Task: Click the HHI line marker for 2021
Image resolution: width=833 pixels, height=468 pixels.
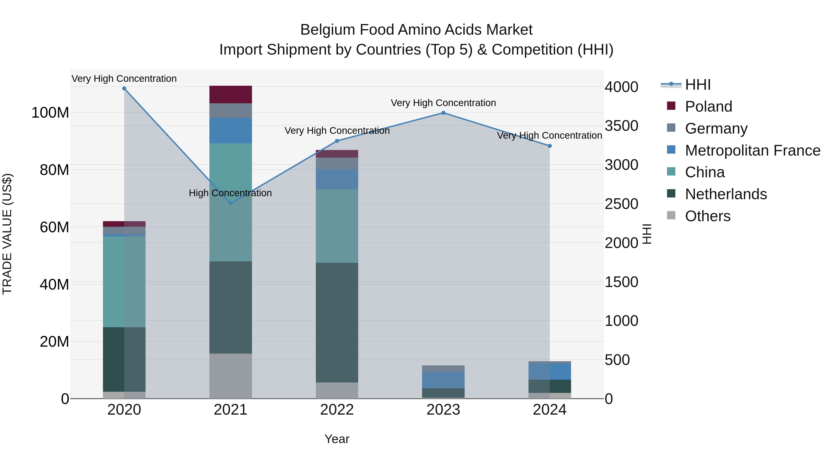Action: pos(230,203)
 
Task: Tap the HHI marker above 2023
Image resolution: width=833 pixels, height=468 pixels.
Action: pos(443,113)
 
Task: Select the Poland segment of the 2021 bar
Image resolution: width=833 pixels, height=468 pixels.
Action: pos(230,95)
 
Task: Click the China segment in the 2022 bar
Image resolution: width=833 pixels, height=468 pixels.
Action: pos(337,226)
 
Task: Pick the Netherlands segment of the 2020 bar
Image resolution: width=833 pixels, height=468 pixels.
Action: pos(124,359)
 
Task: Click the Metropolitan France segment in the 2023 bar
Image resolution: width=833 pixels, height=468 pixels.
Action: pos(443,380)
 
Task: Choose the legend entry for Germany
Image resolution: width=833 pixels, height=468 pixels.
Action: pos(716,128)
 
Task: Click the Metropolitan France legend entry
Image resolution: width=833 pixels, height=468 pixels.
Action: pos(752,150)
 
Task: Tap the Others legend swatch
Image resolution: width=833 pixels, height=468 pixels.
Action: pos(671,215)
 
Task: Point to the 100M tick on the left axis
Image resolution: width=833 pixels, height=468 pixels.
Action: pos(50,113)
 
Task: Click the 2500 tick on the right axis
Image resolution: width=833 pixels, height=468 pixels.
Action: pos(621,204)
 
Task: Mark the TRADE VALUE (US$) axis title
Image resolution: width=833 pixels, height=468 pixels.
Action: pos(7,234)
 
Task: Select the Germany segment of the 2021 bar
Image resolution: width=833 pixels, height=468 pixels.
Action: pos(230,111)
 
